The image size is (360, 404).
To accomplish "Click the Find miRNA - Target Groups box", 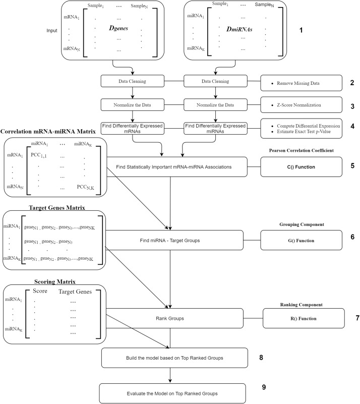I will point(172,241).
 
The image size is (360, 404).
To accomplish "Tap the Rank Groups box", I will point(172,318).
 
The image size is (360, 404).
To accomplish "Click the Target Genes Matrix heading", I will point(53,207).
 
